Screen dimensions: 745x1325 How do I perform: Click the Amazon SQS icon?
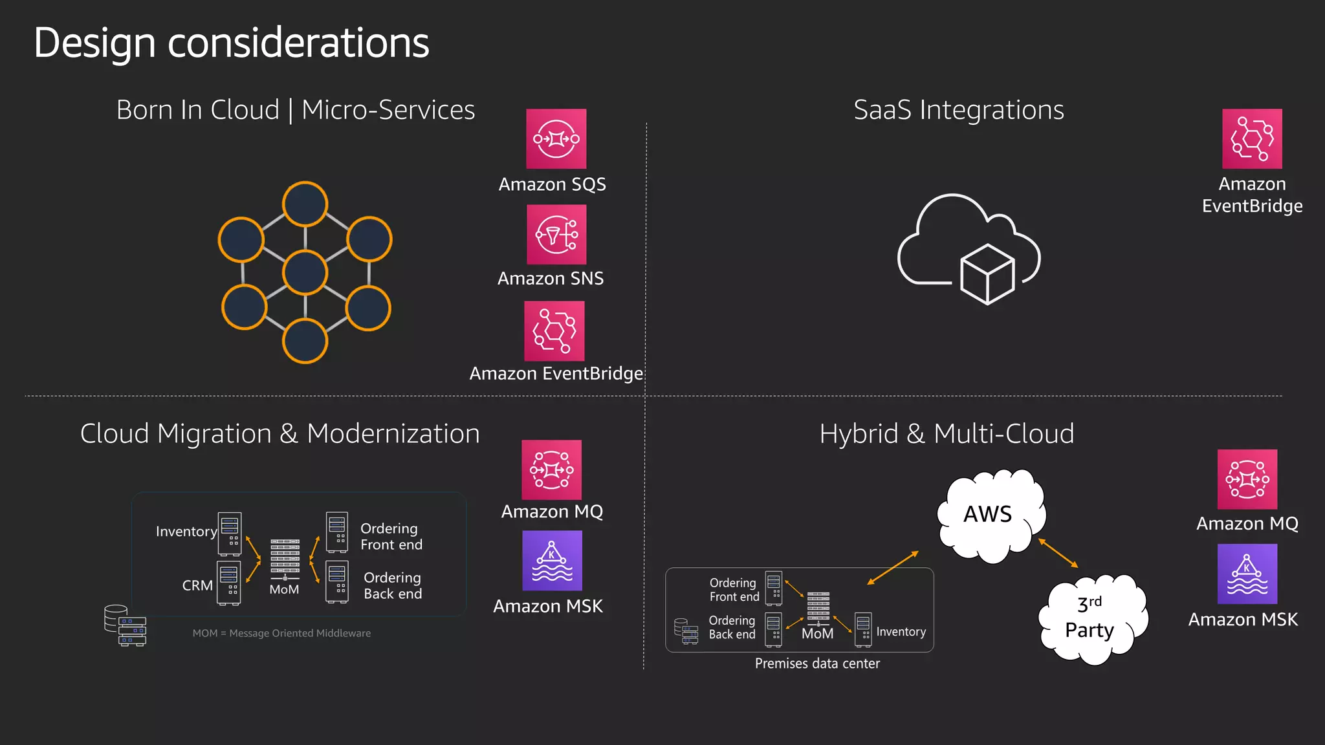coord(556,138)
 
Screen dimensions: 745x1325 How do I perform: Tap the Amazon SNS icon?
coord(556,234)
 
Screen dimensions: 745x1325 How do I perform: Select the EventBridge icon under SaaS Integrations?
coord(1252,138)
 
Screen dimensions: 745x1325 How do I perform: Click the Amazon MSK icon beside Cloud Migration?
coord(552,561)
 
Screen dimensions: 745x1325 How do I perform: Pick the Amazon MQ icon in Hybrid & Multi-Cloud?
coord(1247,479)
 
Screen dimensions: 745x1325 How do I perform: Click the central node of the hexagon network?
coord(305,272)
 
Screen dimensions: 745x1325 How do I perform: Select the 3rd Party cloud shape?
coord(1092,619)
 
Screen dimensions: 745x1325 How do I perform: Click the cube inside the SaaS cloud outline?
coord(987,274)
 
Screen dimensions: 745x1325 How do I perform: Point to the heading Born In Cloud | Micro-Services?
coord(296,110)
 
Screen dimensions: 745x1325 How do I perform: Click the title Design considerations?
coord(231,43)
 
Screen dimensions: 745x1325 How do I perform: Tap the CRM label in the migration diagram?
coord(197,585)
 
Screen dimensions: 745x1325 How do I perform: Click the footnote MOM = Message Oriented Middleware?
coord(281,633)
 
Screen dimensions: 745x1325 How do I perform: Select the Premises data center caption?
coord(817,664)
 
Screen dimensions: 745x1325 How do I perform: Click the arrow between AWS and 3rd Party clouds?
coord(1058,553)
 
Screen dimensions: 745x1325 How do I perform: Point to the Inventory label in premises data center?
coord(901,632)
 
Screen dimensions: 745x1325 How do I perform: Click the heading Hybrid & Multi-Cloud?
coord(947,434)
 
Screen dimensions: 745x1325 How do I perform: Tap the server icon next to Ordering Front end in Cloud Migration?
coord(337,532)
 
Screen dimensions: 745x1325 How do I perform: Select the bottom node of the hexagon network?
coord(305,341)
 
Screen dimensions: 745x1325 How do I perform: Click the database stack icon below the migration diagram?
coord(125,625)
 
